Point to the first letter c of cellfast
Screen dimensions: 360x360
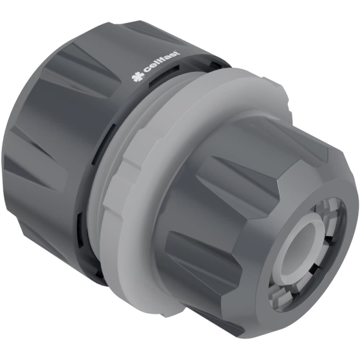click(x=145, y=72)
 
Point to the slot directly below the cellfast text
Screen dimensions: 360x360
click(x=160, y=81)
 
